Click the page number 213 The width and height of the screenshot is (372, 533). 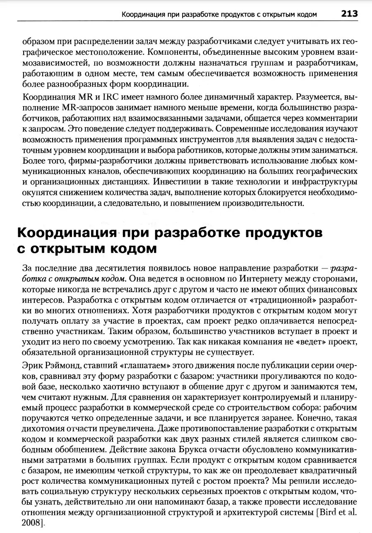[x=350, y=14]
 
